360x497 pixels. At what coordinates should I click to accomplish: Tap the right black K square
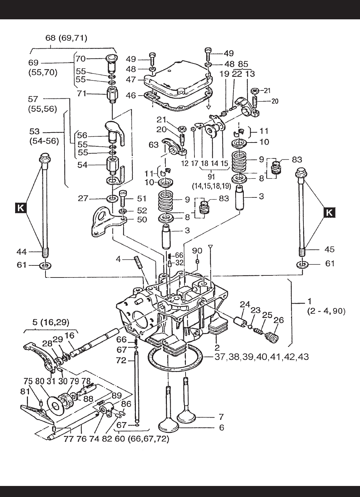click(329, 213)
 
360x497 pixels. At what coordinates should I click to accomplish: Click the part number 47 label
click(131, 79)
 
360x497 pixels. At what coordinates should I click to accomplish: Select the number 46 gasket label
click(131, 95)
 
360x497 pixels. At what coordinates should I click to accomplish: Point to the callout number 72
click(121, 360)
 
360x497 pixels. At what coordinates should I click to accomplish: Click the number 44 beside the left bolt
click(21, 252)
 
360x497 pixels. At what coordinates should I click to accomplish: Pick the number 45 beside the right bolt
click(329, 250)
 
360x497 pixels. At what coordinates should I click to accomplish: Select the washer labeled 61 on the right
click(302, 265)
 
